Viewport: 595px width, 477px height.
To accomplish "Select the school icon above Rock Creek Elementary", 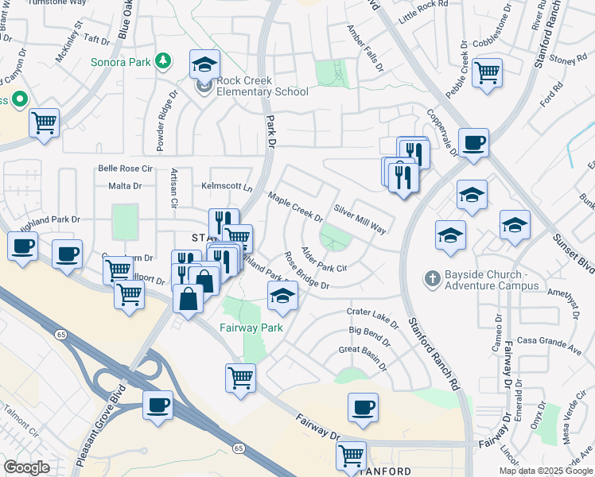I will click(204, 64).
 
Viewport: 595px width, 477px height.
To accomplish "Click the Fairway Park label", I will click(251, 327).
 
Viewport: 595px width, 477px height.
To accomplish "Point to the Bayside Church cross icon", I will click(432, 278).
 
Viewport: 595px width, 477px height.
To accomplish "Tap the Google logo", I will click(26, 467).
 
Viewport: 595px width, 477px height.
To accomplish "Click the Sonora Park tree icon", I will click(163, 60).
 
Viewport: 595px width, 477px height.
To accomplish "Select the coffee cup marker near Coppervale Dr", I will click(473, 142).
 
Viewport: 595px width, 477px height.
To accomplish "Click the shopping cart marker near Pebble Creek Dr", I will click(487, 72).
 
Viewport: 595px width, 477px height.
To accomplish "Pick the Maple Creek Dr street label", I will click(295, 207).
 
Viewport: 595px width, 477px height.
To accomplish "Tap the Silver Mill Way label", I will click(360, 219).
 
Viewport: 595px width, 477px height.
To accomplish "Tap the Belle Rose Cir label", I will click(124, 169).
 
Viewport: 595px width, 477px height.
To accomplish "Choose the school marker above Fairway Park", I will click(282, 296).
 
